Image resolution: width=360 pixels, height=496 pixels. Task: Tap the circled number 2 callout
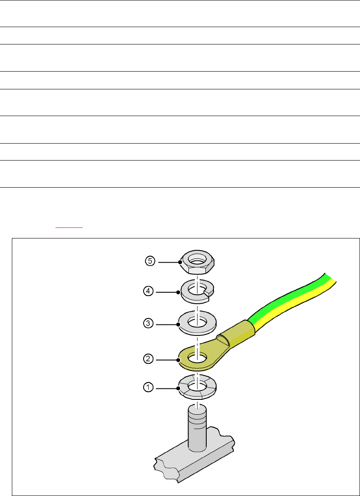click(x=149, y=359)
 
